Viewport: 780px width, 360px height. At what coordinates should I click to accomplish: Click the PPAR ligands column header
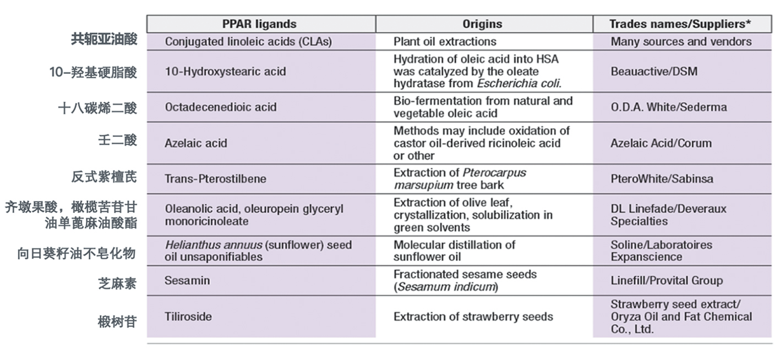[259, 24]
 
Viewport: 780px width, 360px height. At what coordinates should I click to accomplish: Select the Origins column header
[482, 24]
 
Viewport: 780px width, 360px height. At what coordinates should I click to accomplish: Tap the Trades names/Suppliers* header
[681, 24]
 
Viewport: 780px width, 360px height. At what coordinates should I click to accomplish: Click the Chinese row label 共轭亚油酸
[103, 40]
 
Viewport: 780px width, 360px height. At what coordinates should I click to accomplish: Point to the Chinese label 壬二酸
[117, 140]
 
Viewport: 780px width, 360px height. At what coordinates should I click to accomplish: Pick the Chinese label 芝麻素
[117, 283]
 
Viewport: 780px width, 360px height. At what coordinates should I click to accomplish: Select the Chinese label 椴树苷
[117, 322]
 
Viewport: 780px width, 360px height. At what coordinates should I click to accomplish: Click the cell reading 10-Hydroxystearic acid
[225, 72]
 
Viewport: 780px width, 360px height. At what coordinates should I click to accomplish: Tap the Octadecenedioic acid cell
[221, 107]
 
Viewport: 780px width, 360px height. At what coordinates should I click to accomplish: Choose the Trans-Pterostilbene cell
[216, 178]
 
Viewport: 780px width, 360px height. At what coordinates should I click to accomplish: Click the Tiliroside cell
[188, 317]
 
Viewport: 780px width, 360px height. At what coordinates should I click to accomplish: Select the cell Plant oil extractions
[445, 42]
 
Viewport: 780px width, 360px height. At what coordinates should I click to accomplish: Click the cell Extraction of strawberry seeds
[473, 317]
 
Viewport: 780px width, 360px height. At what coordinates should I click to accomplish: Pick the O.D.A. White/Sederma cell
[668, 107]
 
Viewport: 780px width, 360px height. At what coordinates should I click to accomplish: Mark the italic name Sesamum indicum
[446, 287]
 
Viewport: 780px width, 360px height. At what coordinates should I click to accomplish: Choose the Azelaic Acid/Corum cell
[661, 143]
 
